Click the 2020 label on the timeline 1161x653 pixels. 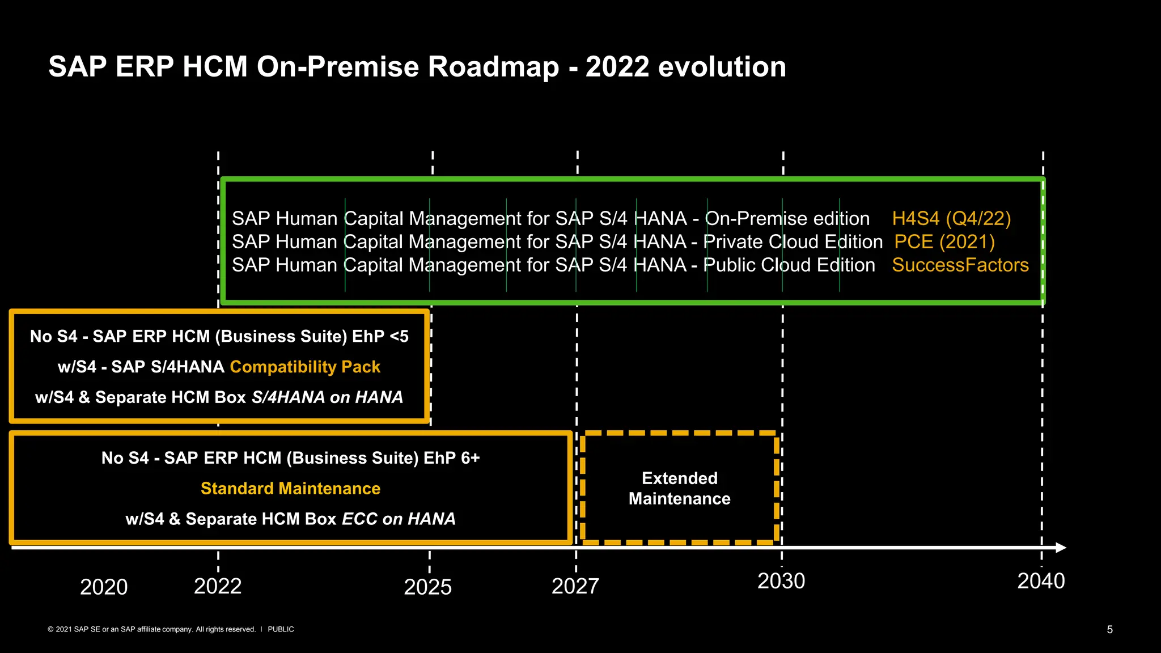tap(104, 587)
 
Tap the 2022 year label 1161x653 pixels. tap(218, 586)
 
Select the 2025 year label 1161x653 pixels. tap(427, 587)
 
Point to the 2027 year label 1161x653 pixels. tap(575, 586)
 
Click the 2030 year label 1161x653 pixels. tap(781, 581)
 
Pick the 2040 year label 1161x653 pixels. tap(1041, 581)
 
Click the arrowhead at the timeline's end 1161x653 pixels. tap(1061, 548)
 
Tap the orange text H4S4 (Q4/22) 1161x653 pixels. tap(951, 219)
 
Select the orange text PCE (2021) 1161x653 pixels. tap(944, 242)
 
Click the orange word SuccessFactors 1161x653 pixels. tap(960, 265)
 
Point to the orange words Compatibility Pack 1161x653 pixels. tap(305, 367)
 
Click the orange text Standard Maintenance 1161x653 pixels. tap(290, 489)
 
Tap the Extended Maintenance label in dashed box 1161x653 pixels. tap(679, 489)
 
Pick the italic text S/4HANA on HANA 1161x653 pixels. tap(327, 397)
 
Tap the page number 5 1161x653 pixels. tap(1109, 630)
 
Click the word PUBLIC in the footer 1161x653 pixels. tap(281, 629)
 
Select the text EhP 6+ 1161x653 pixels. tap(451, 458)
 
